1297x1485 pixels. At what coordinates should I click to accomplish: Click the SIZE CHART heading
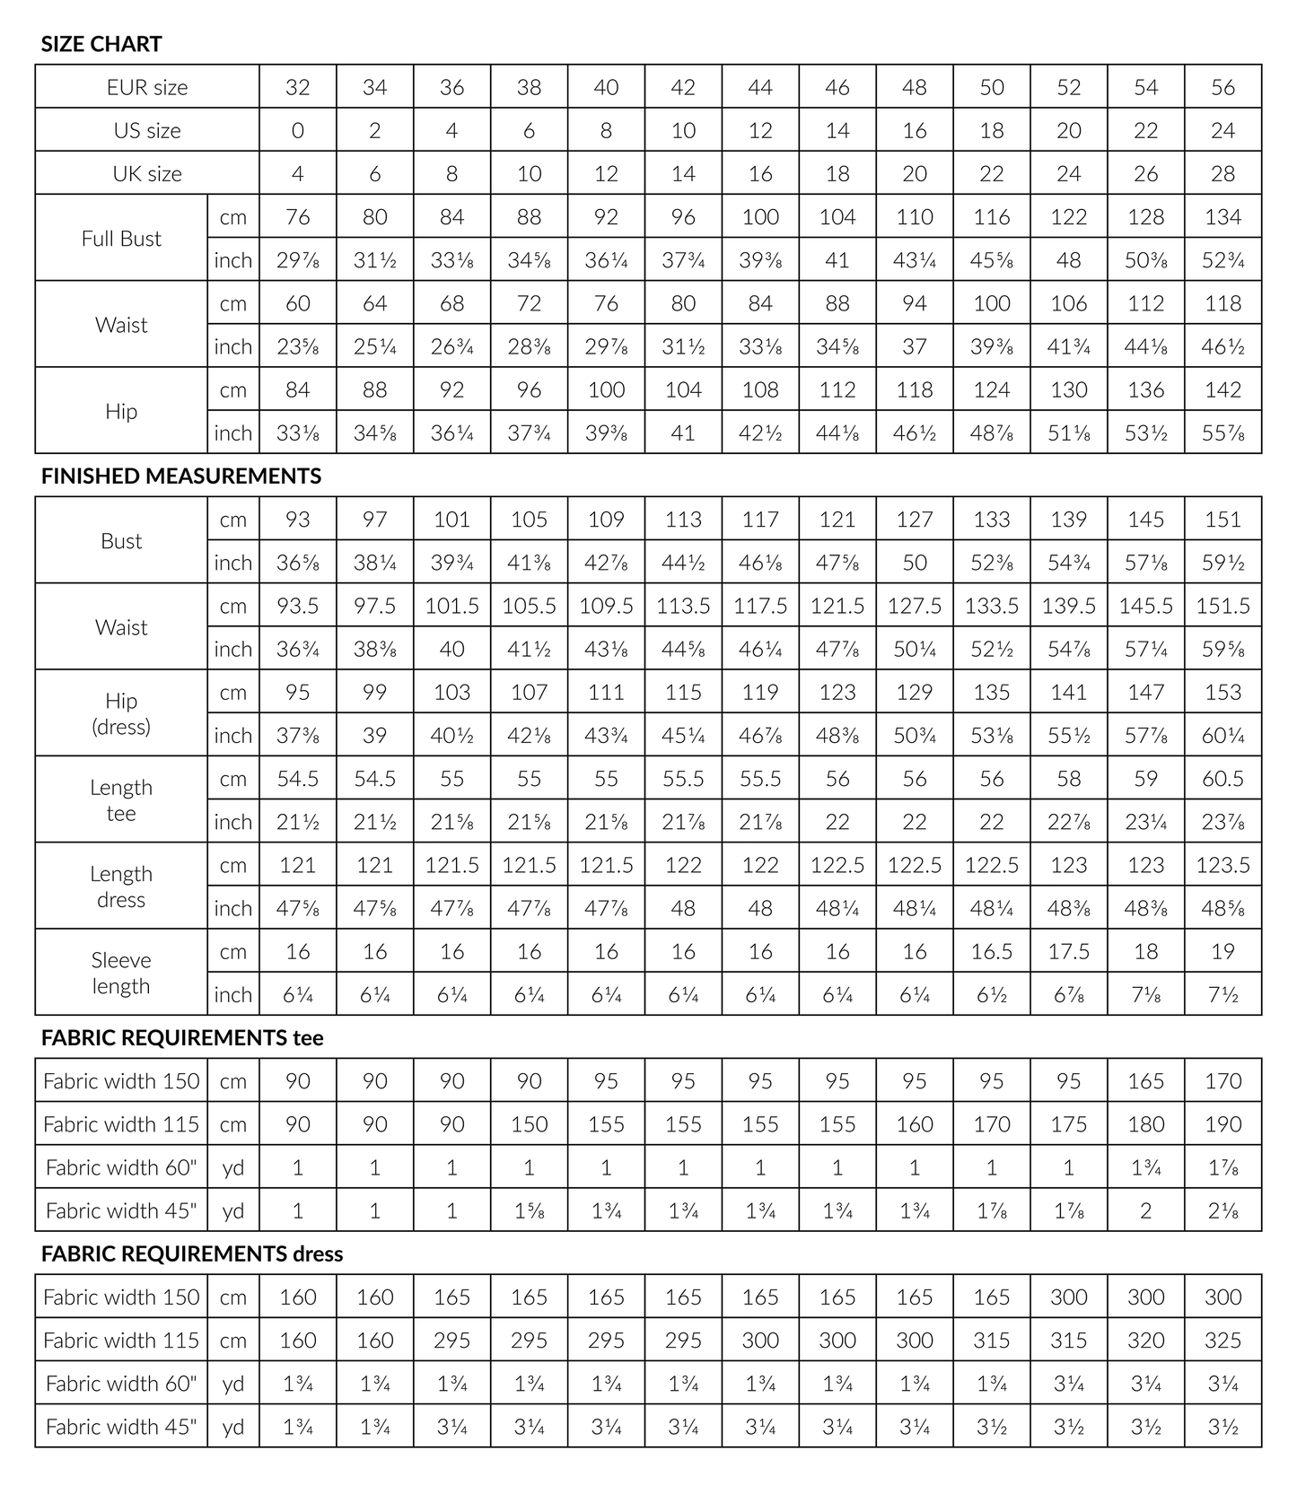click(x=101, y=44)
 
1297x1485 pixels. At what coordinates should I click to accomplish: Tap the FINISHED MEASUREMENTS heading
click(x=181, y=476)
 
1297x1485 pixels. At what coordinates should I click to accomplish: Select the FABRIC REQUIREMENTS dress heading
click(x=192, y=1254)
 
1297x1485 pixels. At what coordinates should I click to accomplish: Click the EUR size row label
click(x=147, y=87)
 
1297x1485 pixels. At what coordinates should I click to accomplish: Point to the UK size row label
click(x=147, y=173)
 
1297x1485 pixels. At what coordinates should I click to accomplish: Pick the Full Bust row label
click(x=121, y=239)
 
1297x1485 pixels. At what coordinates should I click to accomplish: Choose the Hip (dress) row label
click(x=121, y=713)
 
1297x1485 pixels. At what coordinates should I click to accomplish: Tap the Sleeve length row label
click(x=121, y=973)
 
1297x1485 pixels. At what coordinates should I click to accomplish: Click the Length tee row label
click(x=121, y=799)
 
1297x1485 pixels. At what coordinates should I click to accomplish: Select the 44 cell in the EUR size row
click(x=760, y=87)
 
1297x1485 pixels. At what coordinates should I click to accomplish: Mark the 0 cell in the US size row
click(x=298, y=130)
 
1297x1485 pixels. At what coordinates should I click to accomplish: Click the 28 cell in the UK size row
click(x=1223, y=173)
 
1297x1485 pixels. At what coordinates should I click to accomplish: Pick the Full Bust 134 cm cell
click(x=1223, y=216)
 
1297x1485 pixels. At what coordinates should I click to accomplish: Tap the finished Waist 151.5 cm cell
click(x=1223, y=606)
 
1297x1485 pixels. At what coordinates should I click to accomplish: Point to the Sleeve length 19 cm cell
click(x=1223, y=951)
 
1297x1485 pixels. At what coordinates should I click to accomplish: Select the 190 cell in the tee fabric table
click(x=1223, y=1124)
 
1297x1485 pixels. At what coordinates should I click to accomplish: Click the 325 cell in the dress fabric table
click(x=1223, y=1340)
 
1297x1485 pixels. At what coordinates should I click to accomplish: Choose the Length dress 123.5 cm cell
click(x=1223, y=865)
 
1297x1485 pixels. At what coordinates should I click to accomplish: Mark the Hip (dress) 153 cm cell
click(x=1223, y=692)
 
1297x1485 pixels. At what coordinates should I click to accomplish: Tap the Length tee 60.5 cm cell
click(x=1223, y=778)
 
